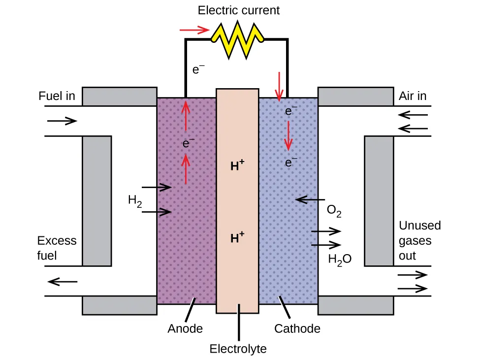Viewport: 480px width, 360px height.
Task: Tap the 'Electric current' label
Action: pos(239,10)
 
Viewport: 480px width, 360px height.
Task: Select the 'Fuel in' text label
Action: pos(57,96)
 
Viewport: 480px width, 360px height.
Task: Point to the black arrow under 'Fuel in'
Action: pos(62,121)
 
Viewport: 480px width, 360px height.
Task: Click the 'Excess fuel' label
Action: pos(57,248)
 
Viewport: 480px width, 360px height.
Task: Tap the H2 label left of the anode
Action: pos(134,200)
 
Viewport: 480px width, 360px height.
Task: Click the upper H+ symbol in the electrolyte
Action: pos(238,166)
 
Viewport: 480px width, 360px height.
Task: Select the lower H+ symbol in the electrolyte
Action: pos(238,238)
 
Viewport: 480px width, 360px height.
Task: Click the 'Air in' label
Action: pos(412,96)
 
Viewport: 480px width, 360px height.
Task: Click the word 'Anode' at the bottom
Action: pos(185,328)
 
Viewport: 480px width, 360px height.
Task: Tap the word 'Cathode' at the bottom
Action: pos(297,328)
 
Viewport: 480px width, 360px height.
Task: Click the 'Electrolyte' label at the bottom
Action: pos(238,349)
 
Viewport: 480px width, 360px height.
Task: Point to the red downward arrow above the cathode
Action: pos(280,86)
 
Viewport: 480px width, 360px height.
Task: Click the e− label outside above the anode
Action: pos(198,70)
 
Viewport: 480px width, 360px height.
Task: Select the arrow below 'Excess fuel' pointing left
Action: pos(63,282)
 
